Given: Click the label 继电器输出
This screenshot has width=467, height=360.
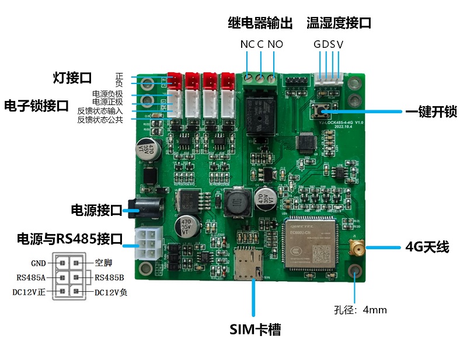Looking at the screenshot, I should tap(260, 23).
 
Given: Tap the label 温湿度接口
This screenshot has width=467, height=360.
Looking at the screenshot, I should tap(339, 23).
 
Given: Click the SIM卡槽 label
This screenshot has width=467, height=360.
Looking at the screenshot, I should tap(255, 330).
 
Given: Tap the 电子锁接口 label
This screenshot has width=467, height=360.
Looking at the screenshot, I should tap(37, 106).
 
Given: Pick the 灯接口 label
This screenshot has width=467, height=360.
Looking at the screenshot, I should tap(72, 78).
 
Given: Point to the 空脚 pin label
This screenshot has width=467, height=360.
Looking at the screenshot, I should tap(103, 263).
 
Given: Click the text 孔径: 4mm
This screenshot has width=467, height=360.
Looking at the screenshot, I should tap(360, 310).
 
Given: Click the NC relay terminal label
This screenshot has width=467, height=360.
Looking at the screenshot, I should tap(247, 44).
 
